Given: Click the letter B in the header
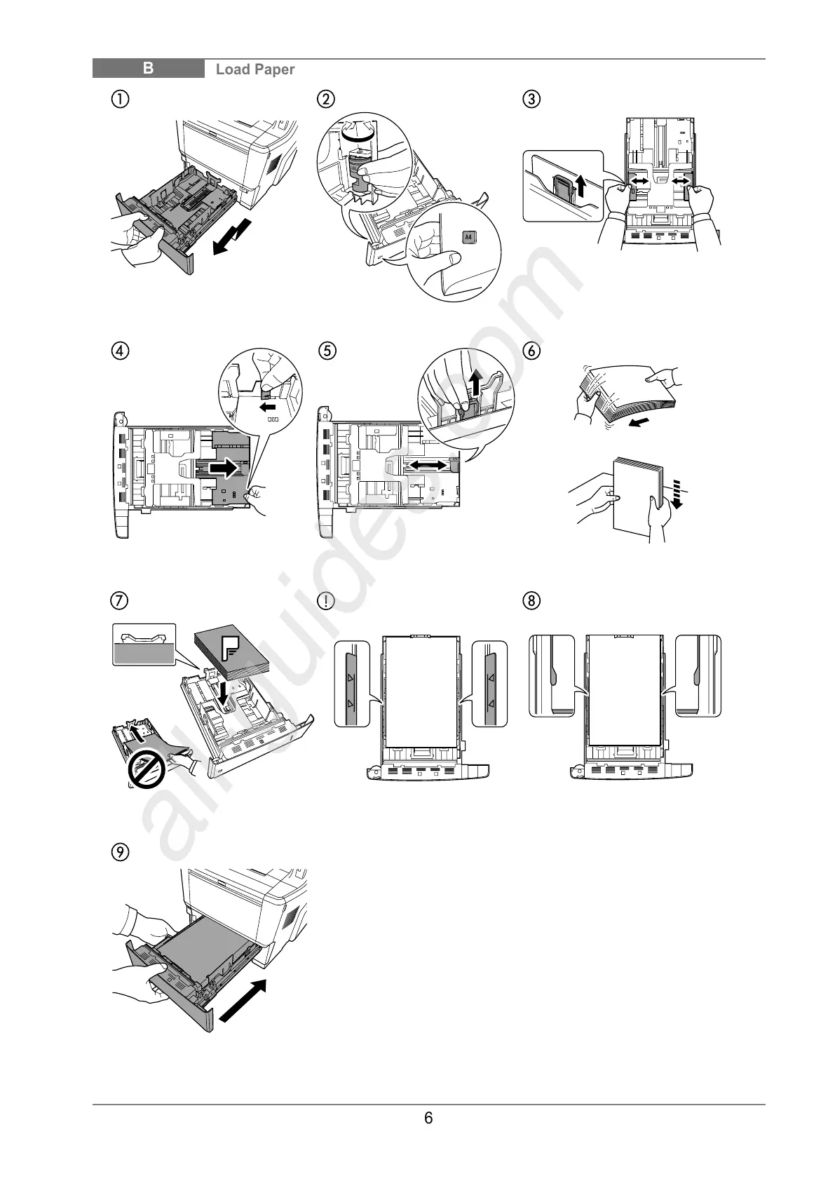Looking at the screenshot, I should (x=149, y=69).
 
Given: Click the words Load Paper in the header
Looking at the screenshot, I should (x=255, y=69).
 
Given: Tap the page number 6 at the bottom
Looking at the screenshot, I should (x=428, y=1118).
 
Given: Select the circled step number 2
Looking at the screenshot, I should (x=326, y=99).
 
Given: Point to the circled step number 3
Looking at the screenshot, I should (x=532, y=99).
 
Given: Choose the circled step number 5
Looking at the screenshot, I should (x=326, y=349).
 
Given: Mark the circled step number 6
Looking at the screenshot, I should (x=532, y=349).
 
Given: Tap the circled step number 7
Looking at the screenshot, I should (x=121, y=601).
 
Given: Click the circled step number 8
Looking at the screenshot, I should (x=532, y=601).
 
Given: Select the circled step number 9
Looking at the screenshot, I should (x=121, y=852).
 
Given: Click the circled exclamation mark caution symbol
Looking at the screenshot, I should (x=326, y=601).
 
